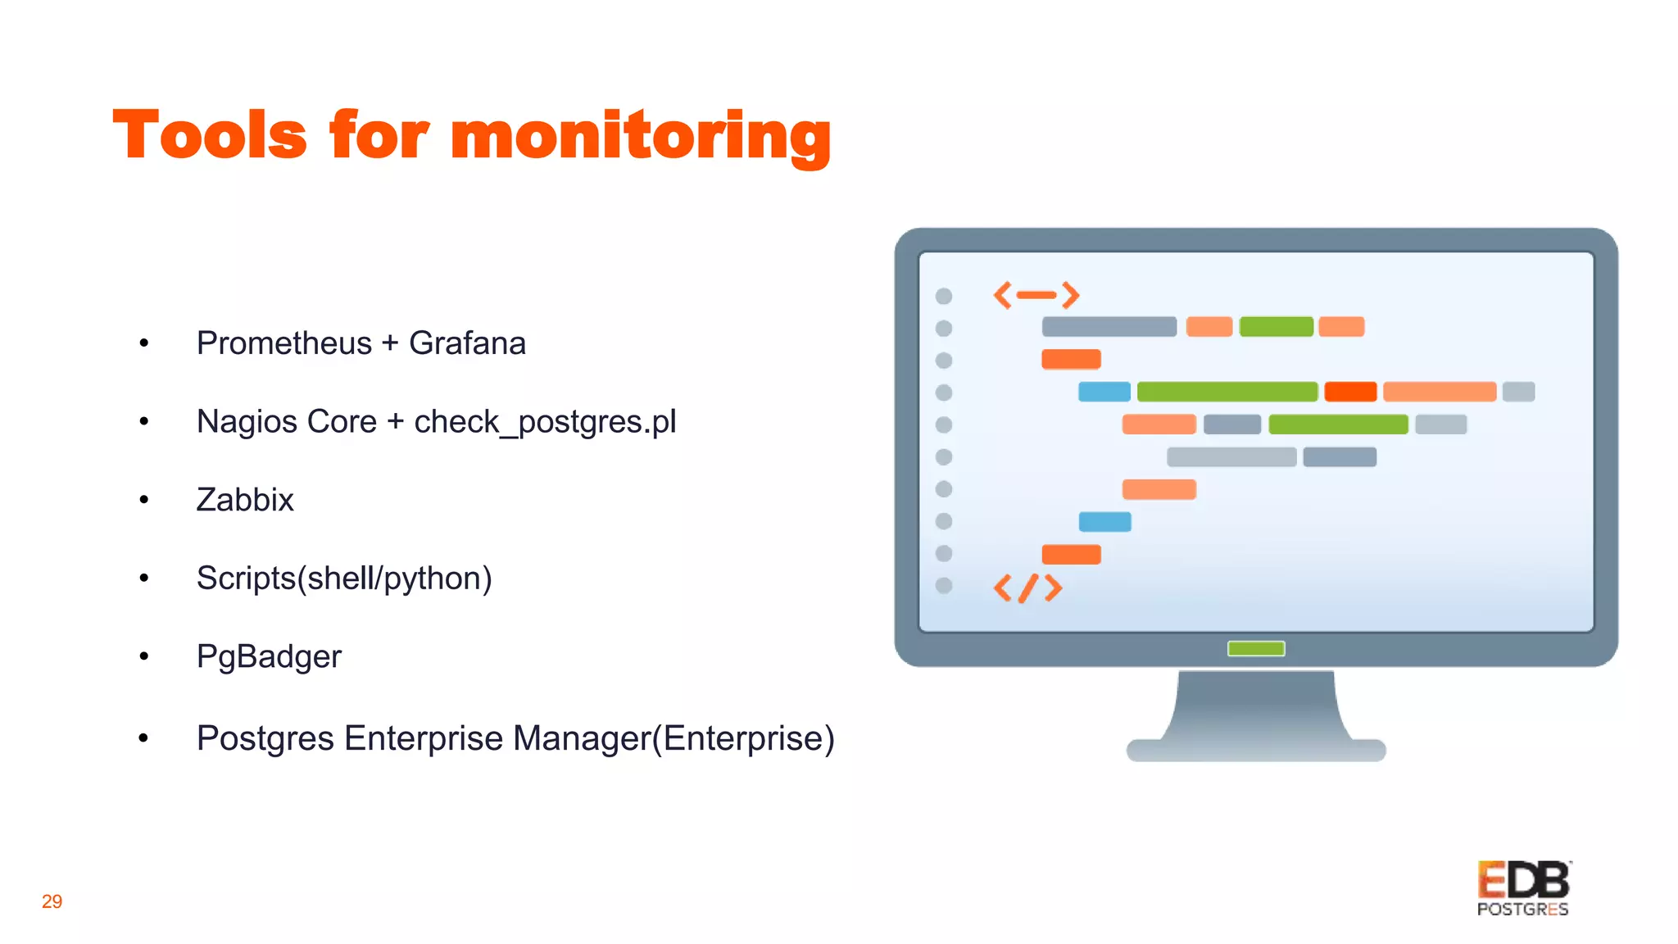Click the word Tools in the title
(210, 135)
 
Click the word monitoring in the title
(641, 137)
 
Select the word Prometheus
(283, 343)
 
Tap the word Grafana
(467, 343)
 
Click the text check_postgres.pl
(545, 422)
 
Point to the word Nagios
(247, 422)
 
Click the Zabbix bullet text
(245, 500)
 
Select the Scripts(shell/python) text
(344, 579)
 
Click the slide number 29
(52, 901)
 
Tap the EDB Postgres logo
(1523, 888)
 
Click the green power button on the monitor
(1256, 649)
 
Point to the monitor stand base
(1256, 748)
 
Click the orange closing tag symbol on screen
(1027, 588)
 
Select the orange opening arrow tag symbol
(1036, 295)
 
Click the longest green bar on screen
(1227, 392)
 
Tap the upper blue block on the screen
(1104, 392)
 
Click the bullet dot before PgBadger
(144, 656)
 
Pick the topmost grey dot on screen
(944, 296)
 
